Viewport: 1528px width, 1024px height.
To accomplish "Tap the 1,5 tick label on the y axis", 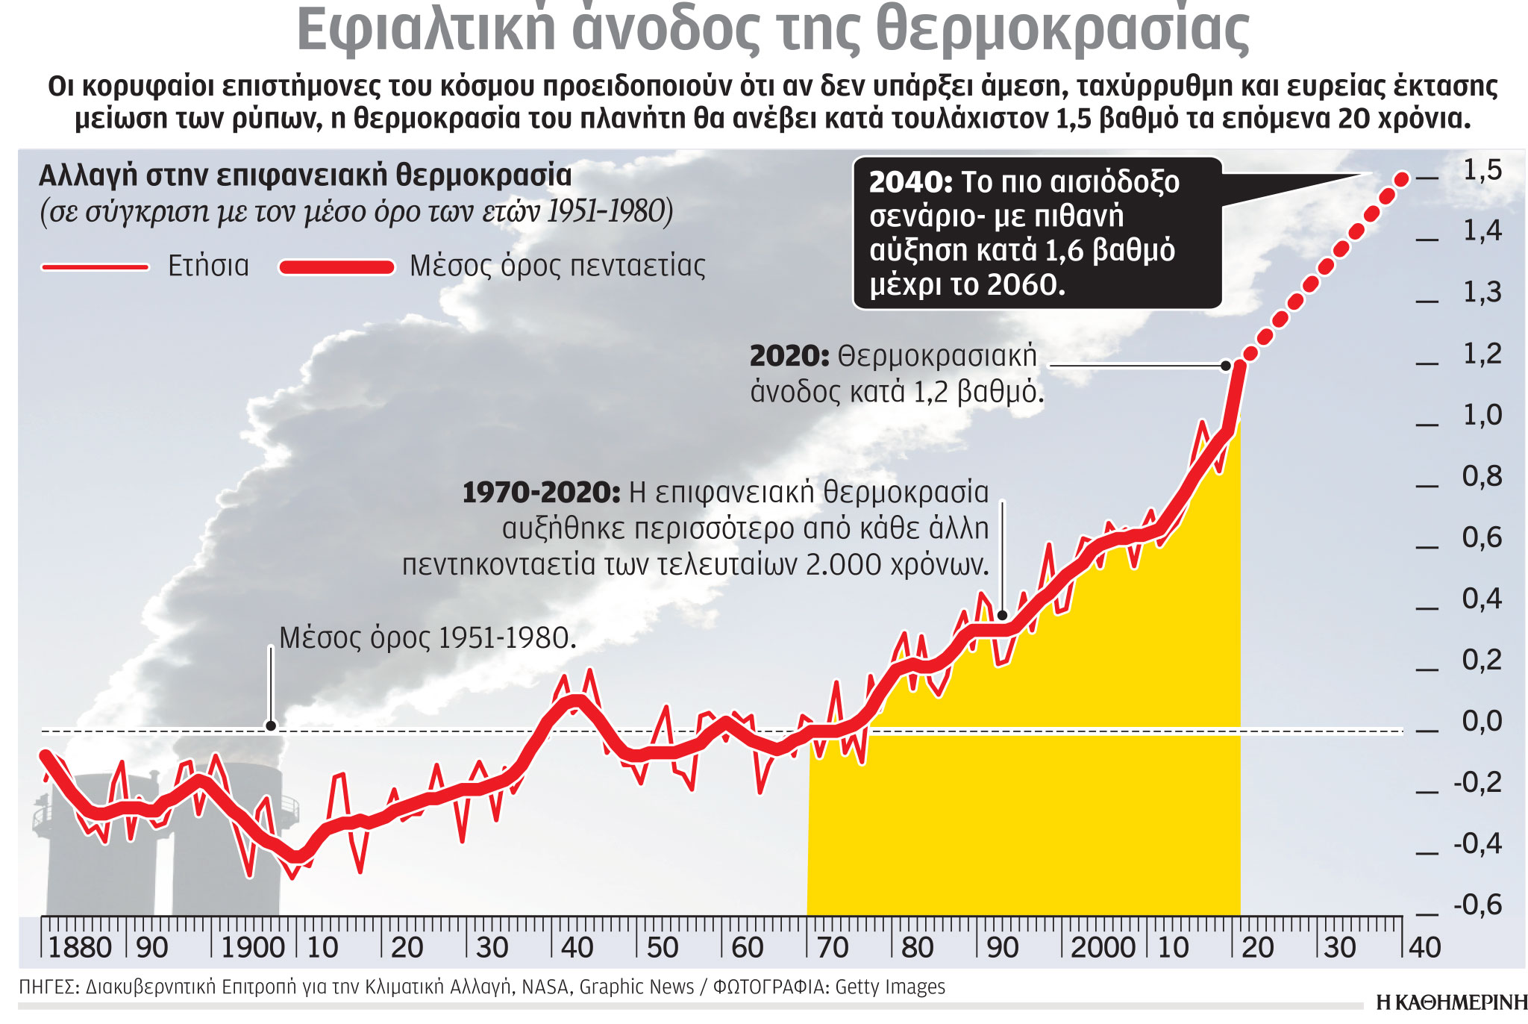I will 1482,171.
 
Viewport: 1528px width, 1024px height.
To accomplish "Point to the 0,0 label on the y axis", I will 1482,722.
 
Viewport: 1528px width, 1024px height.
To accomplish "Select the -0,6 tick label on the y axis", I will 1477,905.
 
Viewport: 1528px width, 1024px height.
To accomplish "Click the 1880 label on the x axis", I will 79,948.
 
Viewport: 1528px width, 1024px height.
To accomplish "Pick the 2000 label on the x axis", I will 1103,948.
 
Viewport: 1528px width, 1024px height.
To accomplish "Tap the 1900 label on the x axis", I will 253,948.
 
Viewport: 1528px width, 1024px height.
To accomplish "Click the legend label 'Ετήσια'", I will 208,266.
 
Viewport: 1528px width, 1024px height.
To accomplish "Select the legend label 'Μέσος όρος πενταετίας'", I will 557,266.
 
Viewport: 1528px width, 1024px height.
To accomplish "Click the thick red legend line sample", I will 336,267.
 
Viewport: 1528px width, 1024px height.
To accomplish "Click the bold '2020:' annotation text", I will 789,357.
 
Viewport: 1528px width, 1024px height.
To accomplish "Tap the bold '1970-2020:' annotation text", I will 541,493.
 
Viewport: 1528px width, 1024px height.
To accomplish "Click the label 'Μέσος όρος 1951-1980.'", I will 428,638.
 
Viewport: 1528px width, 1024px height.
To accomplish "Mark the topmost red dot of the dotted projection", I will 1401,179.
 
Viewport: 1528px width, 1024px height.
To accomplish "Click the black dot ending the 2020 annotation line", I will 1225,366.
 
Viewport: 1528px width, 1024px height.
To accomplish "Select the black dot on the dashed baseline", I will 271,725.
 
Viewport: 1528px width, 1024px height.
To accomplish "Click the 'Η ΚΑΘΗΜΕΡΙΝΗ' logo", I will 1451,1002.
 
